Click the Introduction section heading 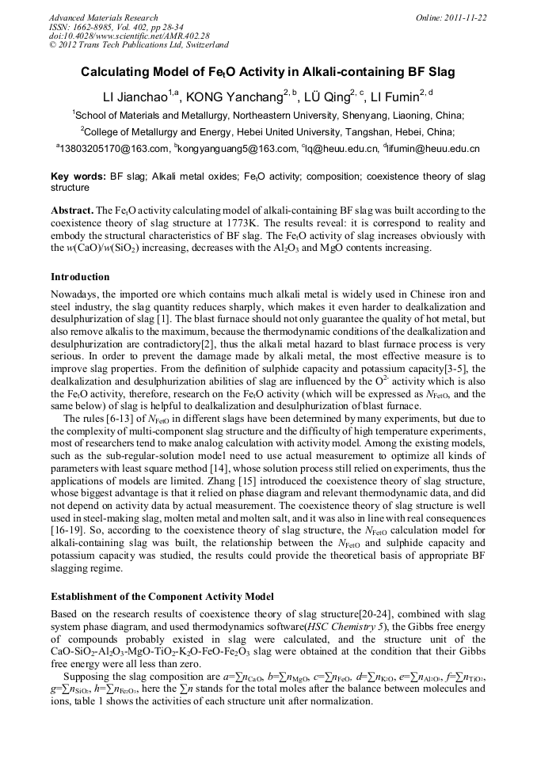click(x=80, y=277)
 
